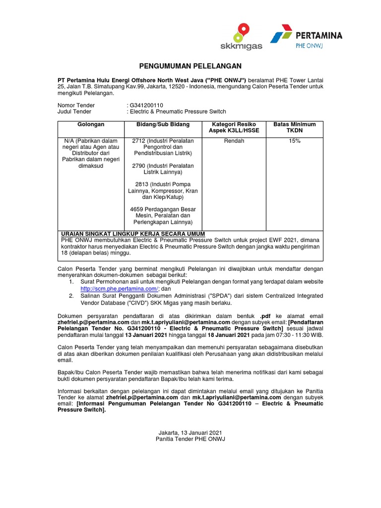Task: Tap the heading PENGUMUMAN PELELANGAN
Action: (190, 66)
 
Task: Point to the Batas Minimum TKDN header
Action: (295, 127)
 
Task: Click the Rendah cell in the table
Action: (235, 141)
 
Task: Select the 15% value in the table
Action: (295, 141)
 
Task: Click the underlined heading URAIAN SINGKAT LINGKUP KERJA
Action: (132, 234)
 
